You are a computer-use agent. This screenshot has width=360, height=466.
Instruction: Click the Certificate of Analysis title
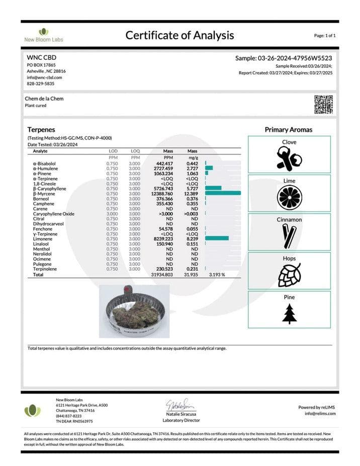[x=179, y=35]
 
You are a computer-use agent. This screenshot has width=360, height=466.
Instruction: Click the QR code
[x=323, y=104]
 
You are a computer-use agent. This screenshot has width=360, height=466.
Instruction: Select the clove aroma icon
[x=289, y=159]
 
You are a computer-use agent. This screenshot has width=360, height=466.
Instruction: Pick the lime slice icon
[x=289, y=197]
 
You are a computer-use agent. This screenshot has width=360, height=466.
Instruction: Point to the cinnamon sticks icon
[x=289, y=236]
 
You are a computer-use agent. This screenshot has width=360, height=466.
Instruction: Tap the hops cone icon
[x=289, y=275]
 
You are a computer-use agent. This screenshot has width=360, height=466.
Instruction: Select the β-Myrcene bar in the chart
[x=223, y=194]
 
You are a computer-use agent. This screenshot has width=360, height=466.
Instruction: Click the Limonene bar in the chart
[x=217, y=239]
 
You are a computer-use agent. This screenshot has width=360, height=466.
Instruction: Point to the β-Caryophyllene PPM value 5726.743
[x=163, y=189]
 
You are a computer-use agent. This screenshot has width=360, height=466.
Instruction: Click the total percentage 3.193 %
[x=217, y=275]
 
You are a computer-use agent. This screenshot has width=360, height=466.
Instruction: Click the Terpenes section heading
[x=41, y=129]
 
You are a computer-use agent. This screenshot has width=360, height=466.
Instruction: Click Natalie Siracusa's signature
[x=181, y=404]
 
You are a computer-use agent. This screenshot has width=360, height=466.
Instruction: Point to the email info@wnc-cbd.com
[x=44, y=77]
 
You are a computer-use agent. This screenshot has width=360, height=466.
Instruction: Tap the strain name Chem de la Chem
[x=44, y=99]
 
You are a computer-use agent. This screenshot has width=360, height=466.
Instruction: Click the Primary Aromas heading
[x=289, y=130]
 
